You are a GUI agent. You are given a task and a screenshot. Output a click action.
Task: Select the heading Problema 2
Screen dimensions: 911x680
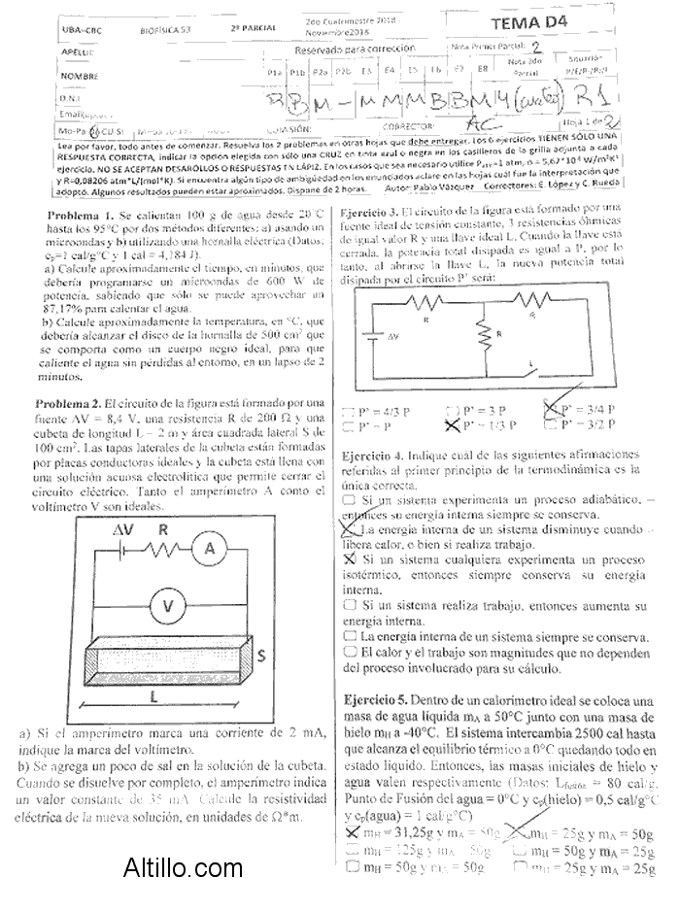(x=75, y=402)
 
